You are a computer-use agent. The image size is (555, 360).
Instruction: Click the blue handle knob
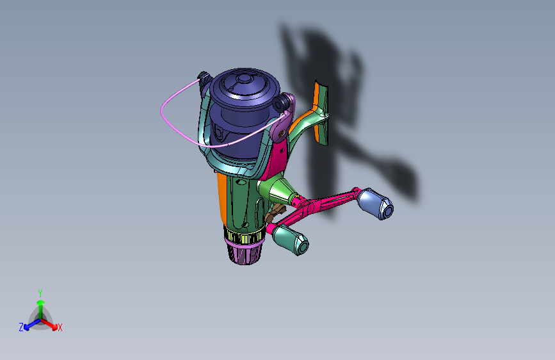tap(375, 204)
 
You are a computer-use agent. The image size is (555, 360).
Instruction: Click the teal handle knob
tap(291, 240)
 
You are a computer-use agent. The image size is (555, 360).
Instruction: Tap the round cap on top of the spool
tap(243, 78)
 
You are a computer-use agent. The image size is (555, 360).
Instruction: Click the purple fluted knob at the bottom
tap(245, 252)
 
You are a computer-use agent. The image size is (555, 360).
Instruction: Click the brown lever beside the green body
tap(275, 213)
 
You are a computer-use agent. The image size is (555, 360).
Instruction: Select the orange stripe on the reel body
tap(222, 199)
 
